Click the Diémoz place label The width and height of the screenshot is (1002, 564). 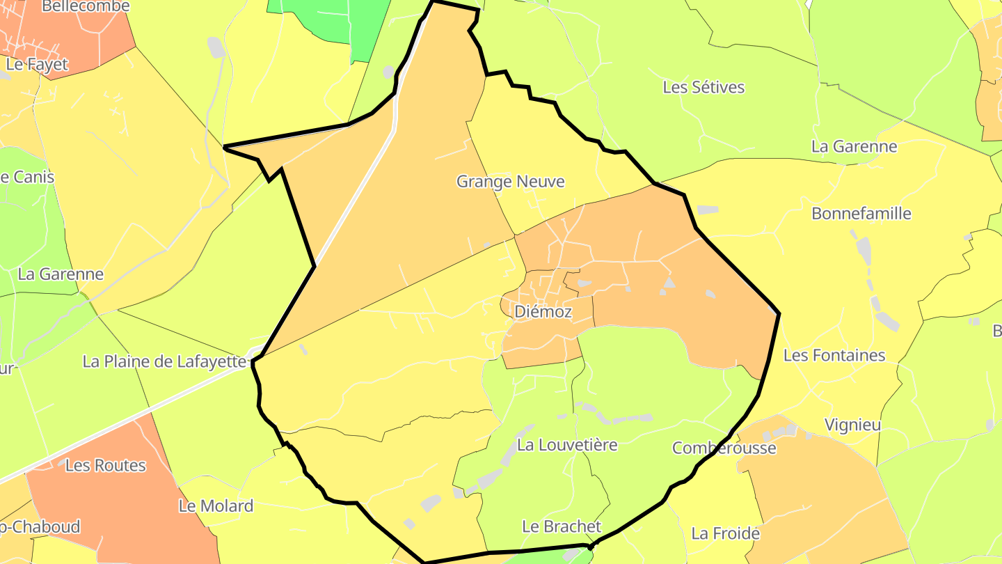tap(543, 312)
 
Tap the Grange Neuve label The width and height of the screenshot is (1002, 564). tap(510, 182)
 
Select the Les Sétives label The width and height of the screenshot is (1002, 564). tap(703, 88)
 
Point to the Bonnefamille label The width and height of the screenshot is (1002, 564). tap(861, 214)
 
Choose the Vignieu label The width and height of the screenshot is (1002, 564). tap(852, 425)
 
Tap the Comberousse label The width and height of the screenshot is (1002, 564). tap(724, 448)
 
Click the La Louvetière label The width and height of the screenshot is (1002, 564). tap(567, 445)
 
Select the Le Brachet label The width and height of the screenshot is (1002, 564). tap(561, 526)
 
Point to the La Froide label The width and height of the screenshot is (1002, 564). tap(724, 534)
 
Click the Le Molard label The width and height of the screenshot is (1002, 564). tap(216, 506)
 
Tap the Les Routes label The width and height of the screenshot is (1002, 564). tap(105, 466)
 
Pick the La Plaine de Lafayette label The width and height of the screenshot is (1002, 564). tap(164, 362)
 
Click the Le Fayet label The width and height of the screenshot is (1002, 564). tap(37, 65)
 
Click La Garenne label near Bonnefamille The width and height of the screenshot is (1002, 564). tap(854, 147)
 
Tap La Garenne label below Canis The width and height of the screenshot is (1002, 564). tap(61, 274)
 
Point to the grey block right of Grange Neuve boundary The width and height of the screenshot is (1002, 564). tap(707, 210)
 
